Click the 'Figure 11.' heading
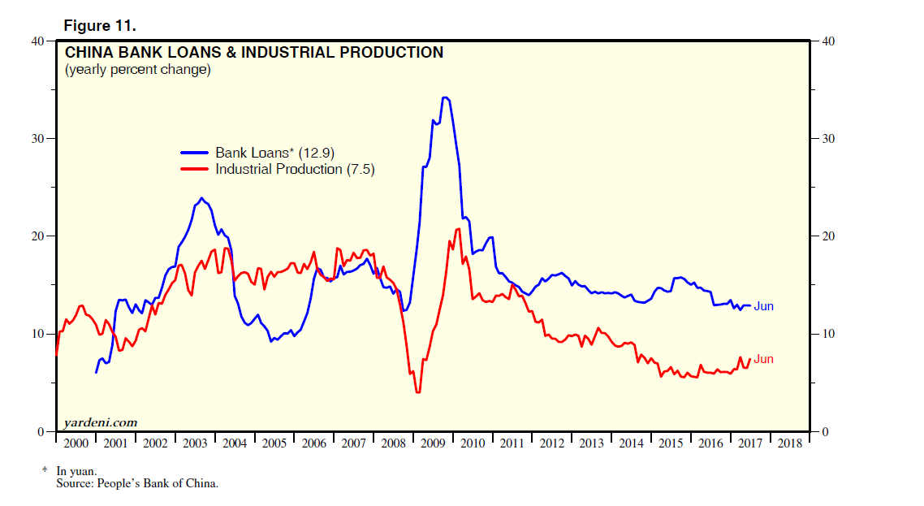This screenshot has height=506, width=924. point(100,26)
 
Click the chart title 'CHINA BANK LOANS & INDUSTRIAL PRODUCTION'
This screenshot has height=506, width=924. point(253,53)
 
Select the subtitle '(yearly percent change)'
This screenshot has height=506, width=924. point(137,70)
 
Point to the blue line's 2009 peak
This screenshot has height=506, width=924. point(444,97)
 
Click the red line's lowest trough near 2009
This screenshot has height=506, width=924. point(417,392)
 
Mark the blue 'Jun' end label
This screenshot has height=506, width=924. point(763,306)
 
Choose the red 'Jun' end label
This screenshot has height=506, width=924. point(763,359)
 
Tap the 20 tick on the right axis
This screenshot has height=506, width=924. point(827,236)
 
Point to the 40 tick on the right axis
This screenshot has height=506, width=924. point(827,41)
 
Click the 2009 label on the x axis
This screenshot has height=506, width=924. point(433,443)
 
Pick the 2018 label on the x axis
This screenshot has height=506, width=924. point(789,443)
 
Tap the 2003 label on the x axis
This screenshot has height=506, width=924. point(195,443)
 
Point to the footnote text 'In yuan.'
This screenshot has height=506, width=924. point(76,470)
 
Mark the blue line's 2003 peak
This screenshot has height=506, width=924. point(201,198)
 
